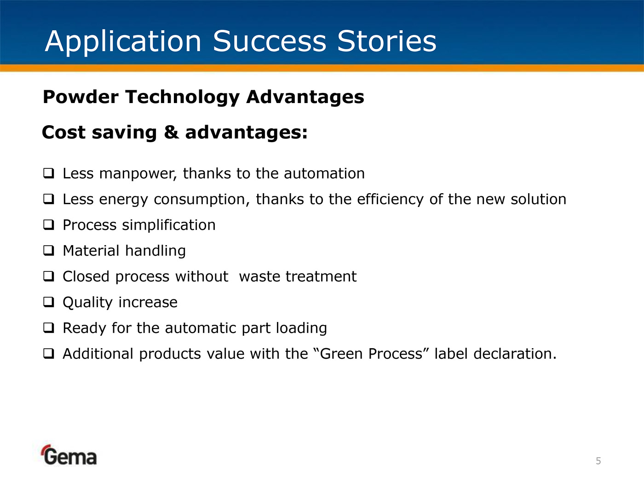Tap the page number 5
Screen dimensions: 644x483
tap(598, 461)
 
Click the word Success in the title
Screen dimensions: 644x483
tap(269, 41)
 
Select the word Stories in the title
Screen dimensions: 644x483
tap(387, 41)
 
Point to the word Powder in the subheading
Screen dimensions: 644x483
tap(80, 97)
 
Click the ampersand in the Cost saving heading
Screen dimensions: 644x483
tap(171, 132)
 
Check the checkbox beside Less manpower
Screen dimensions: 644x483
tap(48, 173)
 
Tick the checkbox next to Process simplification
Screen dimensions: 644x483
tap(48, 224)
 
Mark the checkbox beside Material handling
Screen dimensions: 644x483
tap(48, 250)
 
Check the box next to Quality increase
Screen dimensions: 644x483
tap(48, 302)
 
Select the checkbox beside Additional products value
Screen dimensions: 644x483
tap(48, 353)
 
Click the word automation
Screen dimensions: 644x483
tap(324, 173)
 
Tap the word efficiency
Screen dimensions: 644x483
tap(390, 200)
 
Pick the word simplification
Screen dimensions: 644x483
tap(169, 225)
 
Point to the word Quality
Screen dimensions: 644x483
tap(87, 303)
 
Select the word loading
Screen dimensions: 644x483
tap(301, 328)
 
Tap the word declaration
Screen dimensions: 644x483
tap(515, 354)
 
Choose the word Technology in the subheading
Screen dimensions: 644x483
tap(183, 98)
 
